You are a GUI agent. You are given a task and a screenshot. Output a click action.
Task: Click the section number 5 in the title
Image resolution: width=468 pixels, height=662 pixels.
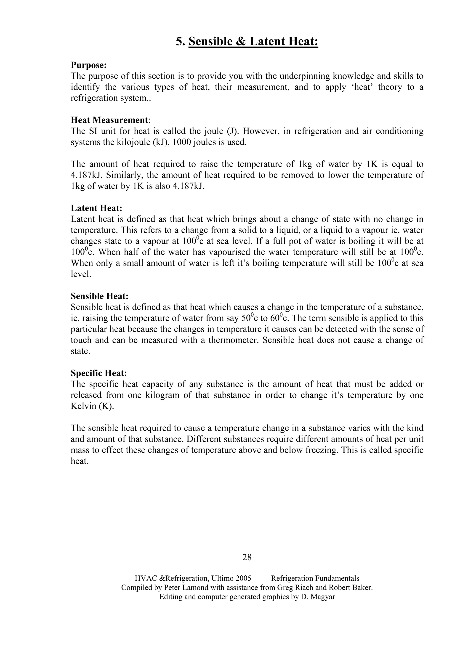pyautogui.click(x=179, y=42)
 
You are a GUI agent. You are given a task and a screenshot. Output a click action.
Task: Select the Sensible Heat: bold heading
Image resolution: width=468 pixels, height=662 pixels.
pyautogui.click(x=99, y=296)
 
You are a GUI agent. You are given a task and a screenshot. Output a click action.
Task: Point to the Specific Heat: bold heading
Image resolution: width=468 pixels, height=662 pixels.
pyautogui.click(x=99, y=373)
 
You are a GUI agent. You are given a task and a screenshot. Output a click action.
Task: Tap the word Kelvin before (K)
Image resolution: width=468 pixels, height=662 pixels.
pyautogui.click(x=83, y=406)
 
